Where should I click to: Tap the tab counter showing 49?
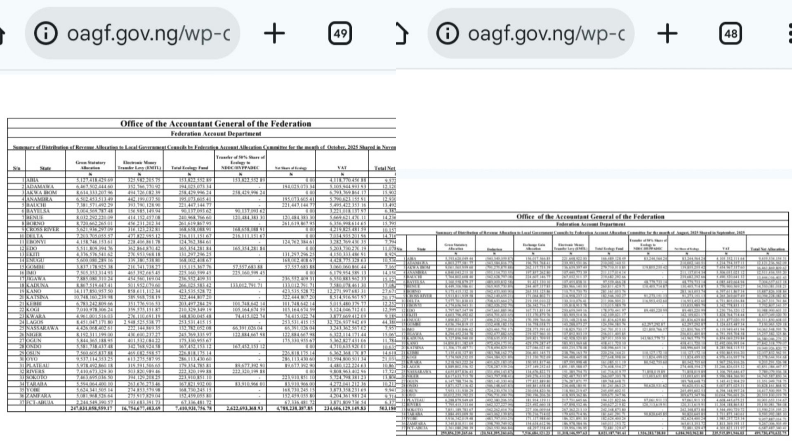coord(340,33)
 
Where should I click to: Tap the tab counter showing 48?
coord(731,33)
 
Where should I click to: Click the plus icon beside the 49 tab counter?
coord(274,33)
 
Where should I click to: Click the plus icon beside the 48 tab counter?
coord(667,33)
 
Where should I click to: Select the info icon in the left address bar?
coord(46,33)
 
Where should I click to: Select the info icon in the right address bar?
coord(447,33)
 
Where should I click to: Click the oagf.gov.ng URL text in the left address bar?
coord(148,33)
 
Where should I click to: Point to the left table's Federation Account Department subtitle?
coord(216,134)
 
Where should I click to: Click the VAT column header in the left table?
coord(342,168)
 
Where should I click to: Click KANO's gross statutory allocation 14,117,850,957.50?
coord(90,291)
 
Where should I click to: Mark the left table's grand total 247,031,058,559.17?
coord(92,408)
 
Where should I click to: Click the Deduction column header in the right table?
coord(494,249)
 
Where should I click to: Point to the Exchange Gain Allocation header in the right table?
coord(533,247)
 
